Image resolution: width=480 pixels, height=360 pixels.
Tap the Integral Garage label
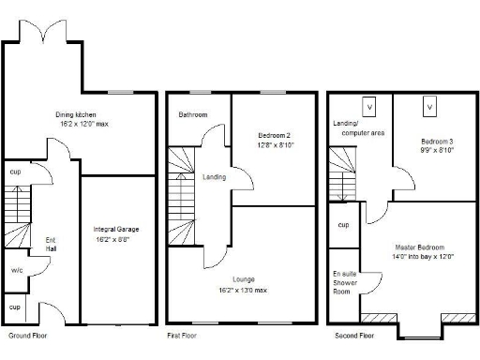click(x=116, y=228)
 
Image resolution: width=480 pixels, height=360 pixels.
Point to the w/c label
click(x=17, y=270)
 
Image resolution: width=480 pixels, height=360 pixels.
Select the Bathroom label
click(x=193, y=115)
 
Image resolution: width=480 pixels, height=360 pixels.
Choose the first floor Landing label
click(x=214, y=176)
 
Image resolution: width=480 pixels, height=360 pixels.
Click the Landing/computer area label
click(x=358, y=127)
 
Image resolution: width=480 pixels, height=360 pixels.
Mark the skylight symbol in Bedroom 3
click(x=430, y=107)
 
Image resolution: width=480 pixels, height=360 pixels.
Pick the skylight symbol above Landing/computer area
click(x=368, y=107)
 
